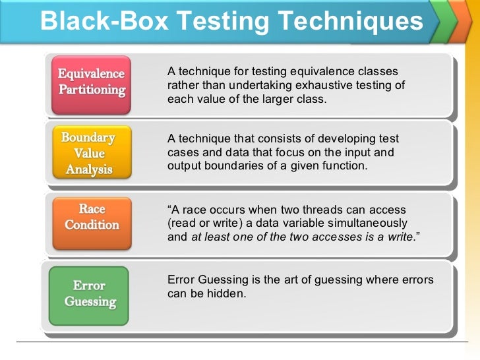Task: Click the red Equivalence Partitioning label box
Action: coord(92,82)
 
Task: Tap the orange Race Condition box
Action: coord(92,217)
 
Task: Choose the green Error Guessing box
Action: coord(90,295)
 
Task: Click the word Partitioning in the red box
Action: coord(92,90)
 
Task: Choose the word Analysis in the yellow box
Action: coord(89,169)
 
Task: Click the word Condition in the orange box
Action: coord(92,224)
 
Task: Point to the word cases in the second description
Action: coord(182,152)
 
